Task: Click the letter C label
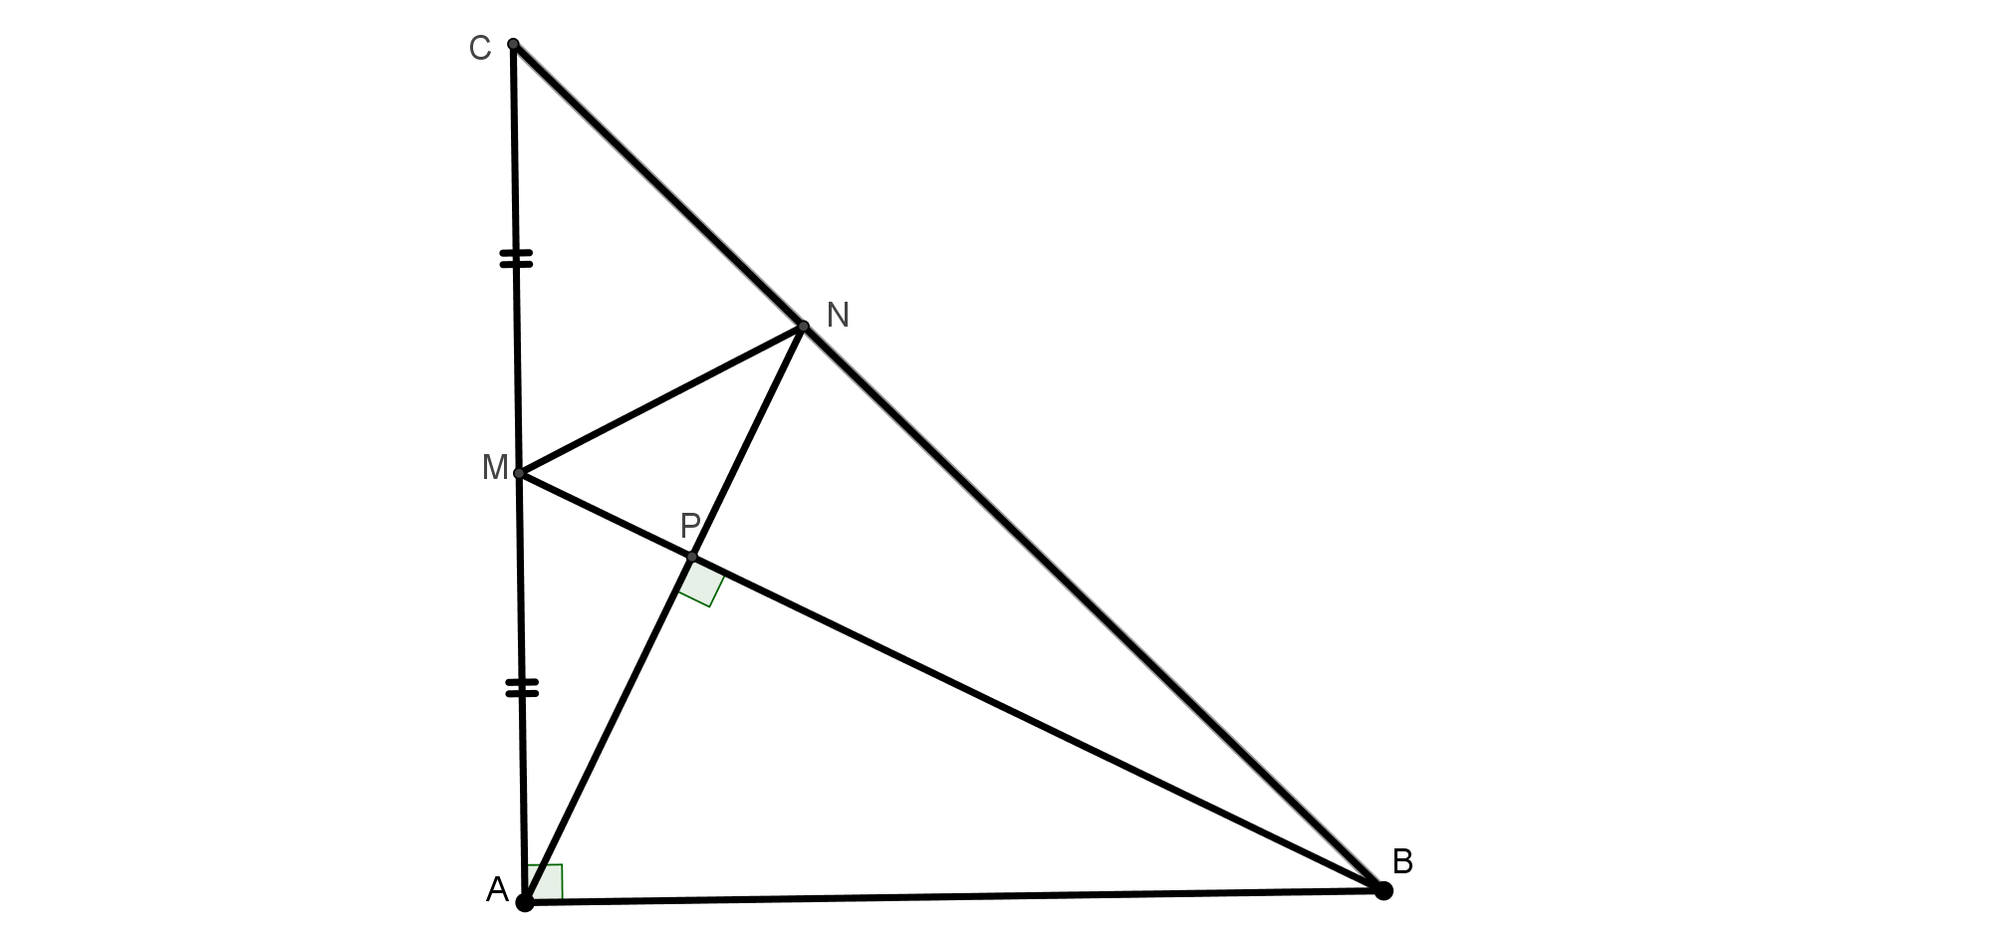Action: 480,48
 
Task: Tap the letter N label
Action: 838,315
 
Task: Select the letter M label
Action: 495,467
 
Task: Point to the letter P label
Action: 690,525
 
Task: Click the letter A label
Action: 497,890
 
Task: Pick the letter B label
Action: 1402,861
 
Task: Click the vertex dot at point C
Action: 513,44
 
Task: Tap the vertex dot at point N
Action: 803,326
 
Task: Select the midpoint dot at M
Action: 519,473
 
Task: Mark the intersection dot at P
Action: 691,557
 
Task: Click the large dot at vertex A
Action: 525,902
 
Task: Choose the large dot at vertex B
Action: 1383,890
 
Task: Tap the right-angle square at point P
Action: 701,582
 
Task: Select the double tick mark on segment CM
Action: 516,259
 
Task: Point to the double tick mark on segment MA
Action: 522,687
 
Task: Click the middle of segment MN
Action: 661,399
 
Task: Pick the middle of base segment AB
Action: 954,896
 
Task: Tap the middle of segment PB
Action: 1037,723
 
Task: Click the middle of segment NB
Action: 1093,607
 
